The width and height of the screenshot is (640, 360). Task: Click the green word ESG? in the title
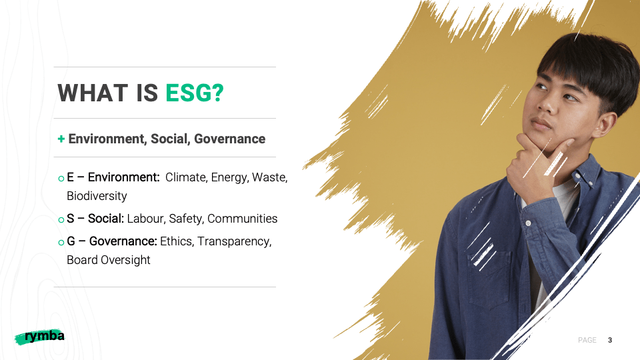(x=195, y=93)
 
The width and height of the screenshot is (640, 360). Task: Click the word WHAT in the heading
(x=93, y=93)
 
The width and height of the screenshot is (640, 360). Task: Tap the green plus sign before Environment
(x=61, y=139)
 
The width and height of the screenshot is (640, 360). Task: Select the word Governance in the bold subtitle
(x=229, y=139)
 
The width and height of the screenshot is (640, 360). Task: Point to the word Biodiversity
(x=97, y=196)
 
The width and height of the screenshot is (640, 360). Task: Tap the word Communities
(x=243, y=219)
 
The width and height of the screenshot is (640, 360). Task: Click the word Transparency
(x=234, y=241)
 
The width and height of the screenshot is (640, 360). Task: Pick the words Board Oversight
(x=109, y=260)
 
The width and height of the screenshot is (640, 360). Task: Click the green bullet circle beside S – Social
(x=61, y=220)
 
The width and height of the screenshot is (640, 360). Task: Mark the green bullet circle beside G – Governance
(x=61, y=243)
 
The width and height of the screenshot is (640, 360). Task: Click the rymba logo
(x=40, y=337)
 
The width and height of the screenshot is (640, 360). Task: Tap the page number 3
(x=610, y=340)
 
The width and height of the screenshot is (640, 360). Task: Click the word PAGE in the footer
(x=587, y=340)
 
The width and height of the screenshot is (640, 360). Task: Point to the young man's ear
(x=606, y=125)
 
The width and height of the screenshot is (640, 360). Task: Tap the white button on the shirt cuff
(x=528, y=223)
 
